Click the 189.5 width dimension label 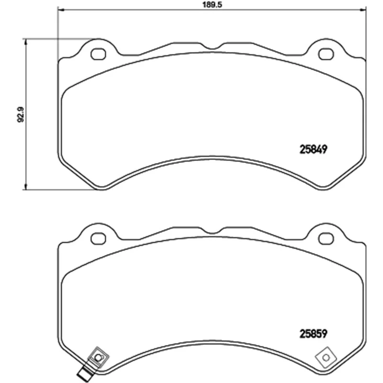pos(212,5)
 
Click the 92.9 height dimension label pos(21,114)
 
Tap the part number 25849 pos(313,149)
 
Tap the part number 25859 pos(313,334)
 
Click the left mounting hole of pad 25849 pos(98,54)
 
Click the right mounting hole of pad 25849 pos(326,54)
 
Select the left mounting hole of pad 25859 pos(98,238)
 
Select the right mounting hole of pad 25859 pos(326,238)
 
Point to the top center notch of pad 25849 pos(212,46)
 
